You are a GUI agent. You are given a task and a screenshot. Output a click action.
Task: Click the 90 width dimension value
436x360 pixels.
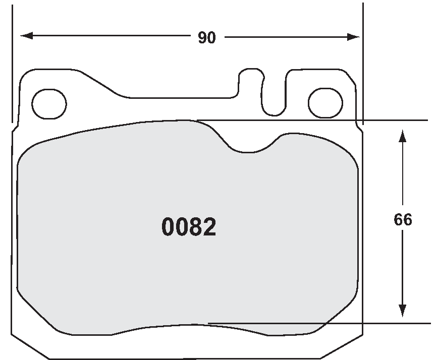pyautogui.click(x=206, y=38)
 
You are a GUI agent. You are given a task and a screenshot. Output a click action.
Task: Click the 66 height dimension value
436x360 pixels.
pyautogui.click(x=403, y=220)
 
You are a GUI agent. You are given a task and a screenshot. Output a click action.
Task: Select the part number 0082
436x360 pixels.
pyautogui.click(x=189, y=227)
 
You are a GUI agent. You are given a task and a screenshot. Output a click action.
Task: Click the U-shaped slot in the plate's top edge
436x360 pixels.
pyautogui.click(x=275, y=93)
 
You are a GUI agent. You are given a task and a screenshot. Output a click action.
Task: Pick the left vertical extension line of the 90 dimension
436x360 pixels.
pyautogui.click(x=12, y=61)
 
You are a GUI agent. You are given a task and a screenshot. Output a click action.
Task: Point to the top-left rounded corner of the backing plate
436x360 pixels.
pyautogui.click(x=26, y=74)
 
